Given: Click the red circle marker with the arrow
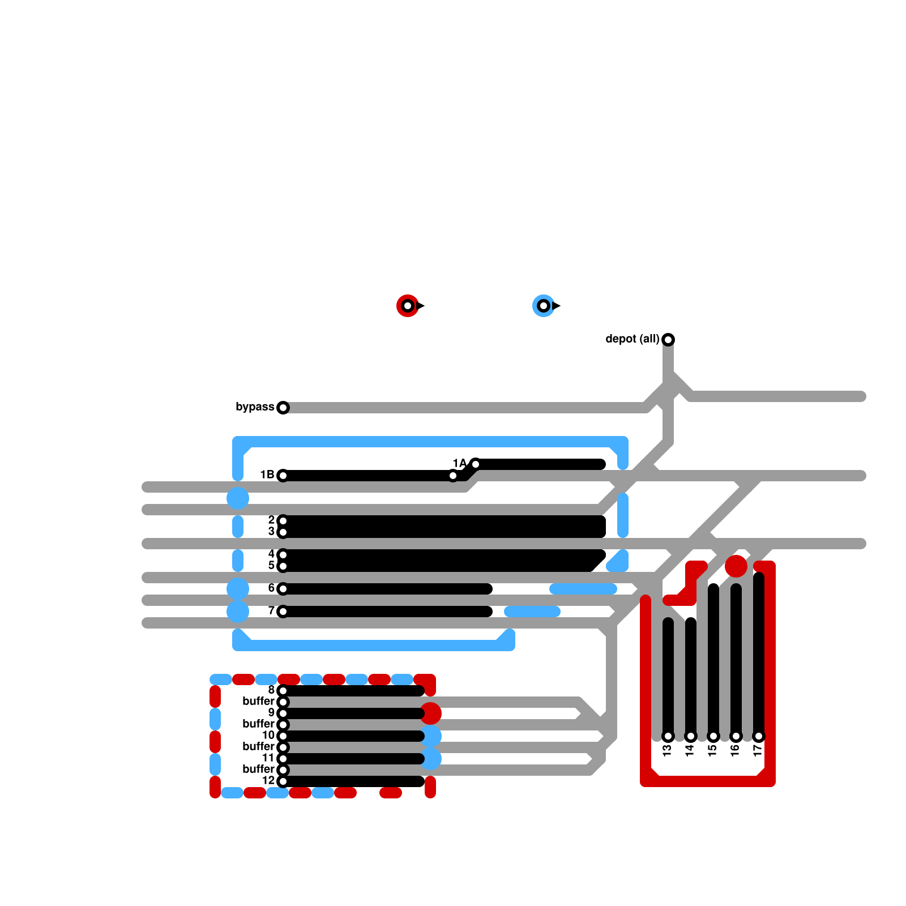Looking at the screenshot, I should coord(408,306).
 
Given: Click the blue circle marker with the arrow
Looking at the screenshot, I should coord(544,306).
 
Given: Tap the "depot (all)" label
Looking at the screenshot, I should coord(632,339).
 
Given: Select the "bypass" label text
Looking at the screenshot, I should coord(255,407).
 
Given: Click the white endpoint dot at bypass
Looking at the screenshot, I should coord(283,408).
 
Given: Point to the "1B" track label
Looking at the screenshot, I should coord(267,475).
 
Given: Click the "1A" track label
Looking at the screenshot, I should coord(459,463).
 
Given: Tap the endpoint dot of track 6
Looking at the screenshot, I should coord(283,589).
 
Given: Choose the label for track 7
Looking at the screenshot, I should coord(271,610).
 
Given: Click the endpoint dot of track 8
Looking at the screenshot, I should coord(283,691).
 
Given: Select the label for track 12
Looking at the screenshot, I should coord(268,780).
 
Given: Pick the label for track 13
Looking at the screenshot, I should coord(667,750).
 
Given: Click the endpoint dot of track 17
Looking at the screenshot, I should coord(759,736).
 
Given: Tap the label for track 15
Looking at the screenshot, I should coord(712,750).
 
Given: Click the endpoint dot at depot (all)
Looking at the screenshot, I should coord(668,340).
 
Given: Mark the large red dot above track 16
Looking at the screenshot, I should coord(736,566).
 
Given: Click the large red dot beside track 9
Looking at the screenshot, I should coord(430,713).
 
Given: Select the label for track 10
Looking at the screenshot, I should coord(268,735).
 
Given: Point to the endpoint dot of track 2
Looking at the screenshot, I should coord(283,521).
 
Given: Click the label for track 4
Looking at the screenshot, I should coord(271,554).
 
